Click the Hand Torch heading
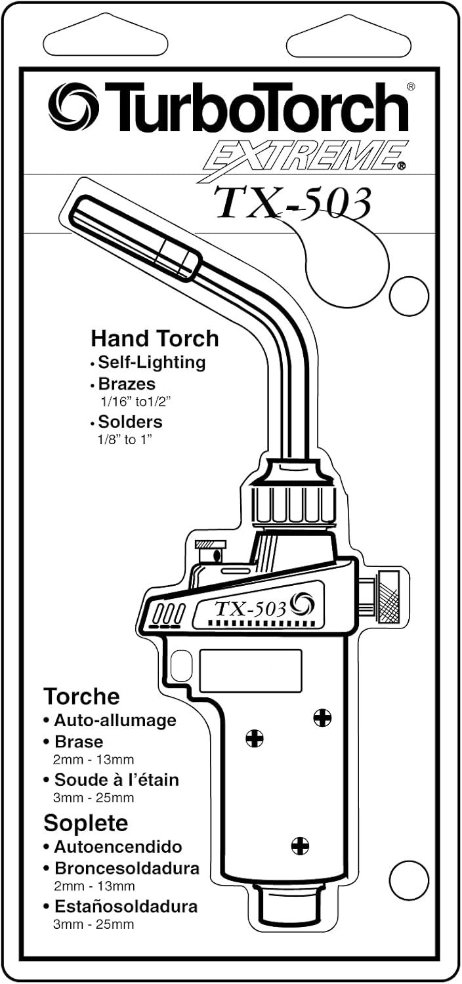154,339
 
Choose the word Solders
130,421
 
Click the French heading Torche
81,695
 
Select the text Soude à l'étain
116,780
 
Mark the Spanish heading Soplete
85,823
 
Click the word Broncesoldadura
127,869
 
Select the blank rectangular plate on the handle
251,670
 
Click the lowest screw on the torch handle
300,846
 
